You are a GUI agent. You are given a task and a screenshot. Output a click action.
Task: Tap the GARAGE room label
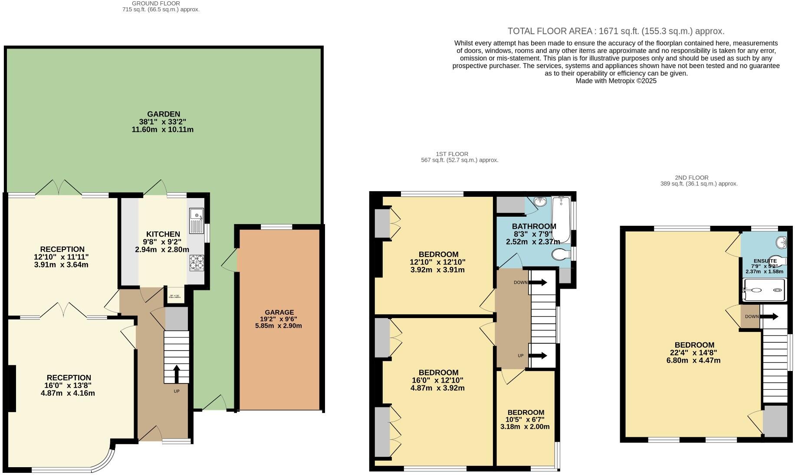click(279, 312)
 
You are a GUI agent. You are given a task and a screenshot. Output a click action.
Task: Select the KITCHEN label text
click(163, 234)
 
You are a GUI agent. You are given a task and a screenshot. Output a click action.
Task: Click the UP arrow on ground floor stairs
click(176, 374)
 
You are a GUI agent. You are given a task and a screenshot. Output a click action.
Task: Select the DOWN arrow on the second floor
click(769, 316)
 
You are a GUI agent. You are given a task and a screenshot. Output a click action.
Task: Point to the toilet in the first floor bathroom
click(561, 254)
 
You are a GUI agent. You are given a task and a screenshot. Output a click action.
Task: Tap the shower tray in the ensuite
click(764, 290)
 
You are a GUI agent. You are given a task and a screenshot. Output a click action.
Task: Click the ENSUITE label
click(765, 261)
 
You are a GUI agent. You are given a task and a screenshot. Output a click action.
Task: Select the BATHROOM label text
click(534, 226)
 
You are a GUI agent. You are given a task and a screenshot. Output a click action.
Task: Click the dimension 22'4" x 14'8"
click(694, 353)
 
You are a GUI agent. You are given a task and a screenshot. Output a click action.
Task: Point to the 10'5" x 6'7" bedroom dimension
click(525, 420)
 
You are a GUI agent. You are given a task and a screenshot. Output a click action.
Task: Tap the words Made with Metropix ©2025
click(616, 81)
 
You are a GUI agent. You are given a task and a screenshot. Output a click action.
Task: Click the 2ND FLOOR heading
click(691, 177)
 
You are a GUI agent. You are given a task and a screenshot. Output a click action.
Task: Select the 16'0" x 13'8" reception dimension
click(69, 385)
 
